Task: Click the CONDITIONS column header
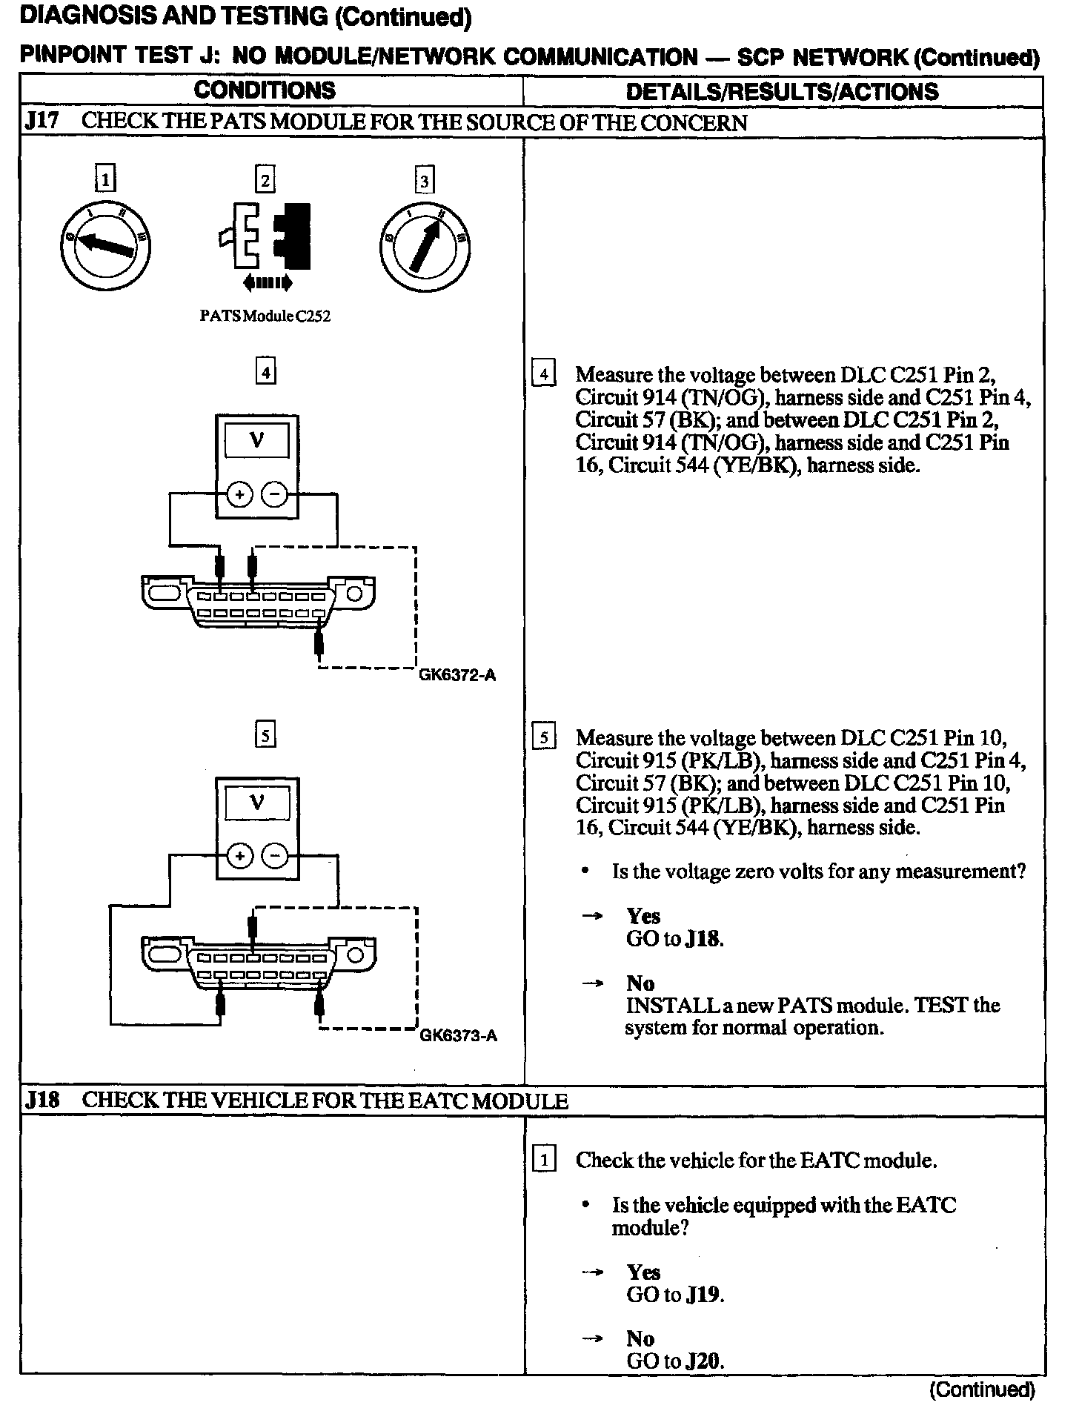(265, 91)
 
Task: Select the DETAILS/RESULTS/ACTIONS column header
(782, 92)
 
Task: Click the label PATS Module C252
(265, 316)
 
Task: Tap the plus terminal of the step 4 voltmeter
(239, 494)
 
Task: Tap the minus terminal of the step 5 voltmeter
(276, 857)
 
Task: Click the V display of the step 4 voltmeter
(257, 442)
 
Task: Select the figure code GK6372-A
(457, 675)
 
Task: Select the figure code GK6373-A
(458, 1036)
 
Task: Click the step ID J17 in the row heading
(42, 122)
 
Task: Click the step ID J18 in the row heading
(42, 1100)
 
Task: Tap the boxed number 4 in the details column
(544, 374)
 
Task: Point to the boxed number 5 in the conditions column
(265, 736)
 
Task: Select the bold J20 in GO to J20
(704, 1361)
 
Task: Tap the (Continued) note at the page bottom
(982, 1390)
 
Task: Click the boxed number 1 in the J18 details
(544, 1160)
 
